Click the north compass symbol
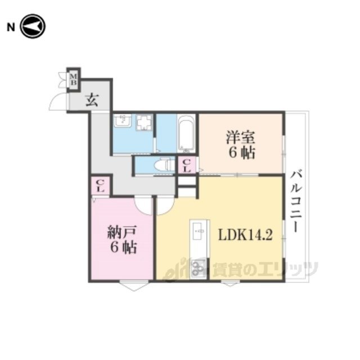tap(33, 26)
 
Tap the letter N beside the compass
tap(11, 28)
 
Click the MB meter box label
tap(74, 79)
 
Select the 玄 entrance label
tap(92, 100)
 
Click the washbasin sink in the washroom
tap(123, 120)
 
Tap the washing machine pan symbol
tap(145, 123)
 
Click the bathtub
tap(186, 134)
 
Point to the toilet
tap(164, 165)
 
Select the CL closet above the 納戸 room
tap(100, 186)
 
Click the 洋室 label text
tap(241, 137)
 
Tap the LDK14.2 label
tap(245, 235)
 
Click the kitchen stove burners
tap(198, 268)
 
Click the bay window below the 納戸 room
tap(134, 286)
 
